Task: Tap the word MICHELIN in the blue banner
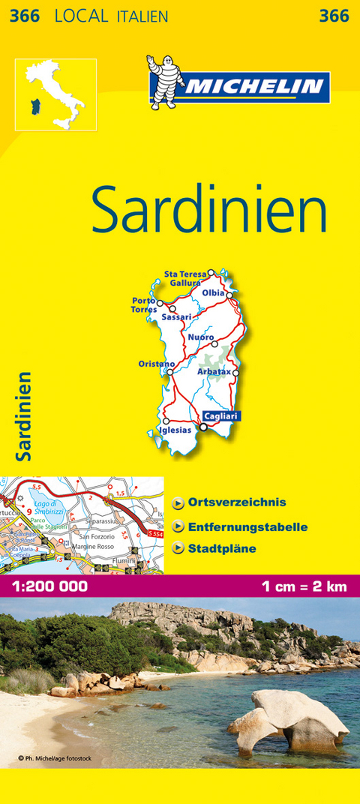click(255, 86)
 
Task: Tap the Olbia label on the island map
click(213, 292)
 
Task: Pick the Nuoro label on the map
click(200, 337)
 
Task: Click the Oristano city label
click(156, 364)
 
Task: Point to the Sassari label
click(177, 317)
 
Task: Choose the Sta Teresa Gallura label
click(184, 278)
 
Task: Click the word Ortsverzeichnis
click(237, 502)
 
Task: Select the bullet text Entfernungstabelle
click(248, 527)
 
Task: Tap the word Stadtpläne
click(223, 549)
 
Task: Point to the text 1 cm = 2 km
click(304, 586)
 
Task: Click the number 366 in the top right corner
click(334, 16)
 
